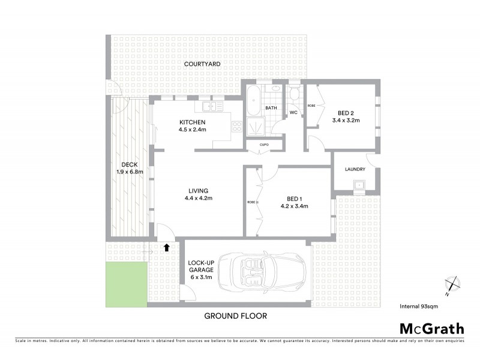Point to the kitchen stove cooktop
tap(236, 127)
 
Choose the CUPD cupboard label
tap(263, 145)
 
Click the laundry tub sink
tap(360, 185)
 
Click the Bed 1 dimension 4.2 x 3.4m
tap(294, 206)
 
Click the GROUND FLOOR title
tap(235, 316)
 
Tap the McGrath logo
tap(431, 328)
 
